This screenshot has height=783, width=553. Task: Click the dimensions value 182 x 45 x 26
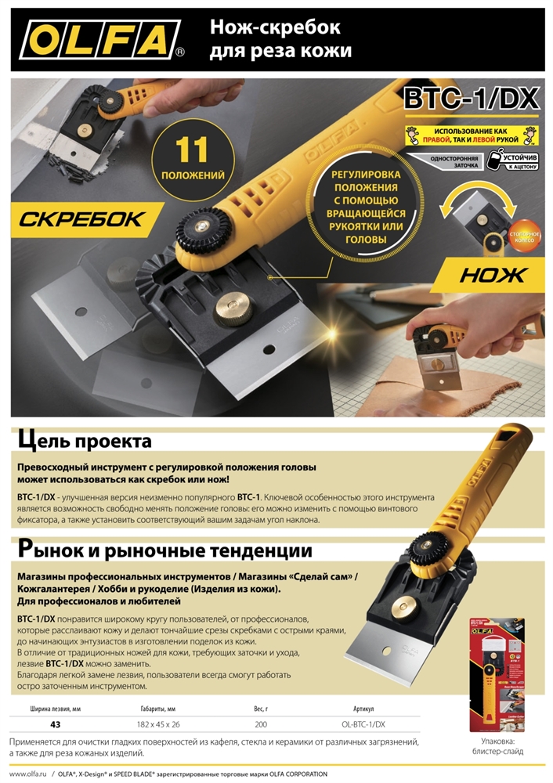click(159, 724)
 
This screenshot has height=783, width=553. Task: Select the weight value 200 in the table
click(261, 724)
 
